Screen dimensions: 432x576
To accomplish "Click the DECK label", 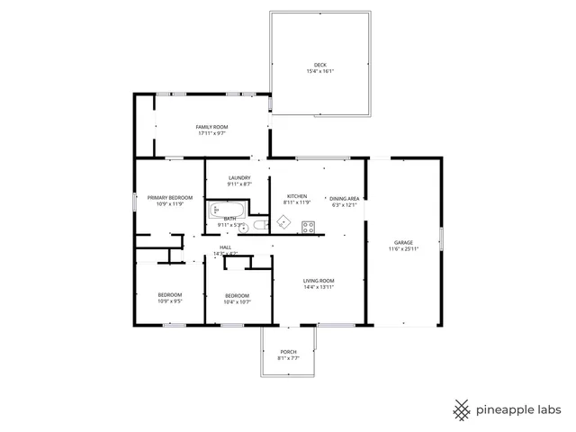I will point(319,65).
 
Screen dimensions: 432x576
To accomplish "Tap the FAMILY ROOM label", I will point(211,127).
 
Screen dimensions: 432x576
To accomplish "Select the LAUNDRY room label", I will point(239,177).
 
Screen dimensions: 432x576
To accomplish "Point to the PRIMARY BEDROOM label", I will point(169,197).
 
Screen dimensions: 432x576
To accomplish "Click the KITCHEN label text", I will point(297,196).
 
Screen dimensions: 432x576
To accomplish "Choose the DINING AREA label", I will point(344,198).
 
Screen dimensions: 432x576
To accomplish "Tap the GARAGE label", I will point(403,242).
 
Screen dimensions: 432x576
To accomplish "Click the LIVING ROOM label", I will point(318,281).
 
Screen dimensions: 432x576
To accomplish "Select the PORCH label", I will point(288,352).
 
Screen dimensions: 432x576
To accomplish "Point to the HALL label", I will point(226,247).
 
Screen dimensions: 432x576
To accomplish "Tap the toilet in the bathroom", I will point(258,226).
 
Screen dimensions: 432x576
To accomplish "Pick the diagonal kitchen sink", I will point(282,220).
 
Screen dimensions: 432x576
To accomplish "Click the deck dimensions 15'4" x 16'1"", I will point(319,72).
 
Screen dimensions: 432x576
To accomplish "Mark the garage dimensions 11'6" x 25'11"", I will point(403,248).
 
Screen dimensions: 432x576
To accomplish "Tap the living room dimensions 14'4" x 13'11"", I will point(318,287).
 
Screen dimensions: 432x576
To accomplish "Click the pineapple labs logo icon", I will point(463,409).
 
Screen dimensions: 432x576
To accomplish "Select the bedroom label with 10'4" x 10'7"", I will point(237,296).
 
